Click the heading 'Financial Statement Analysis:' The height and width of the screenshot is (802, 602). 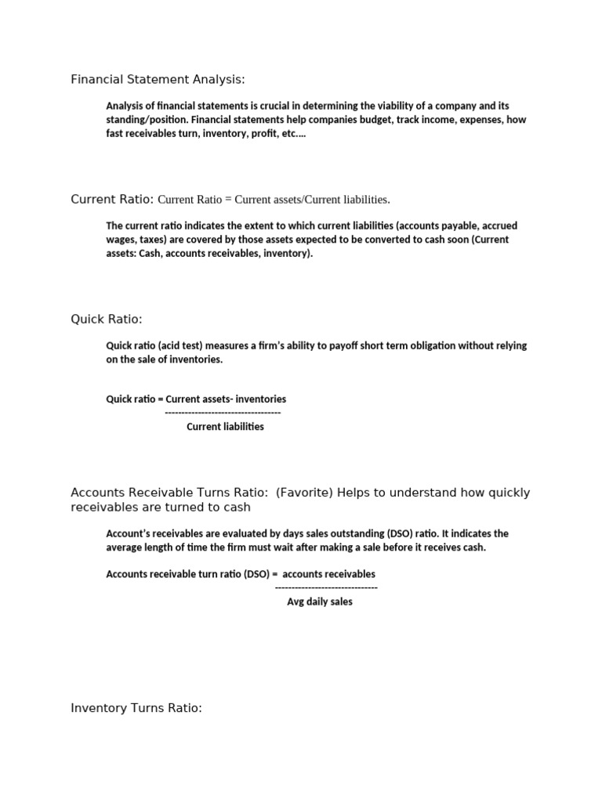(x=158, y=79)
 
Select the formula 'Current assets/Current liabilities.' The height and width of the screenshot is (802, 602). (x=312, y=200)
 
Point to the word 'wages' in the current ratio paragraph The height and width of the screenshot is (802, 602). (x=120, y=240)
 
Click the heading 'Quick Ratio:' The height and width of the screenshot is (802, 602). (x=107, y=319)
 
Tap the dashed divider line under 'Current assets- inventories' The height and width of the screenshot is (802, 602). (x=223, y=413)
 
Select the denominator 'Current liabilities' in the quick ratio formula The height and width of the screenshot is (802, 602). (x=225, y=427)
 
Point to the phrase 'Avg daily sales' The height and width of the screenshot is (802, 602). (x=320, y=602)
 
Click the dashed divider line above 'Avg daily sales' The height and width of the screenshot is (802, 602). (x=326, y=587)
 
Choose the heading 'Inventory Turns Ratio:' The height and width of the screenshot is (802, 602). (x=136, y=708)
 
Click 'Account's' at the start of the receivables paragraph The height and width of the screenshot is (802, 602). (x=129, y=533)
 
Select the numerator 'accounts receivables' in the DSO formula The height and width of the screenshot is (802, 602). (x=329, y=574)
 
